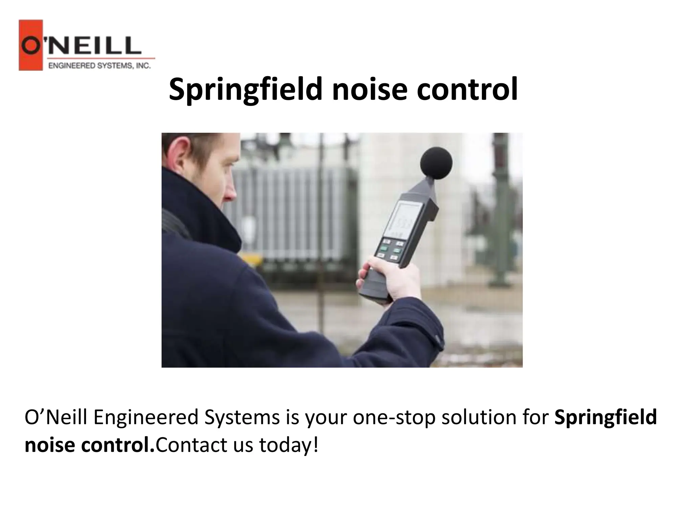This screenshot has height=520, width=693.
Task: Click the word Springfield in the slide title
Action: pos(245,90)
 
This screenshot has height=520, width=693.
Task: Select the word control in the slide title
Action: pos(467,90)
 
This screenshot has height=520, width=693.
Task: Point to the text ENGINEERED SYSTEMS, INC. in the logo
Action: pos(99,66)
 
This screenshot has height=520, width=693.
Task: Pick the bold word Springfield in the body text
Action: pos(606,417)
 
